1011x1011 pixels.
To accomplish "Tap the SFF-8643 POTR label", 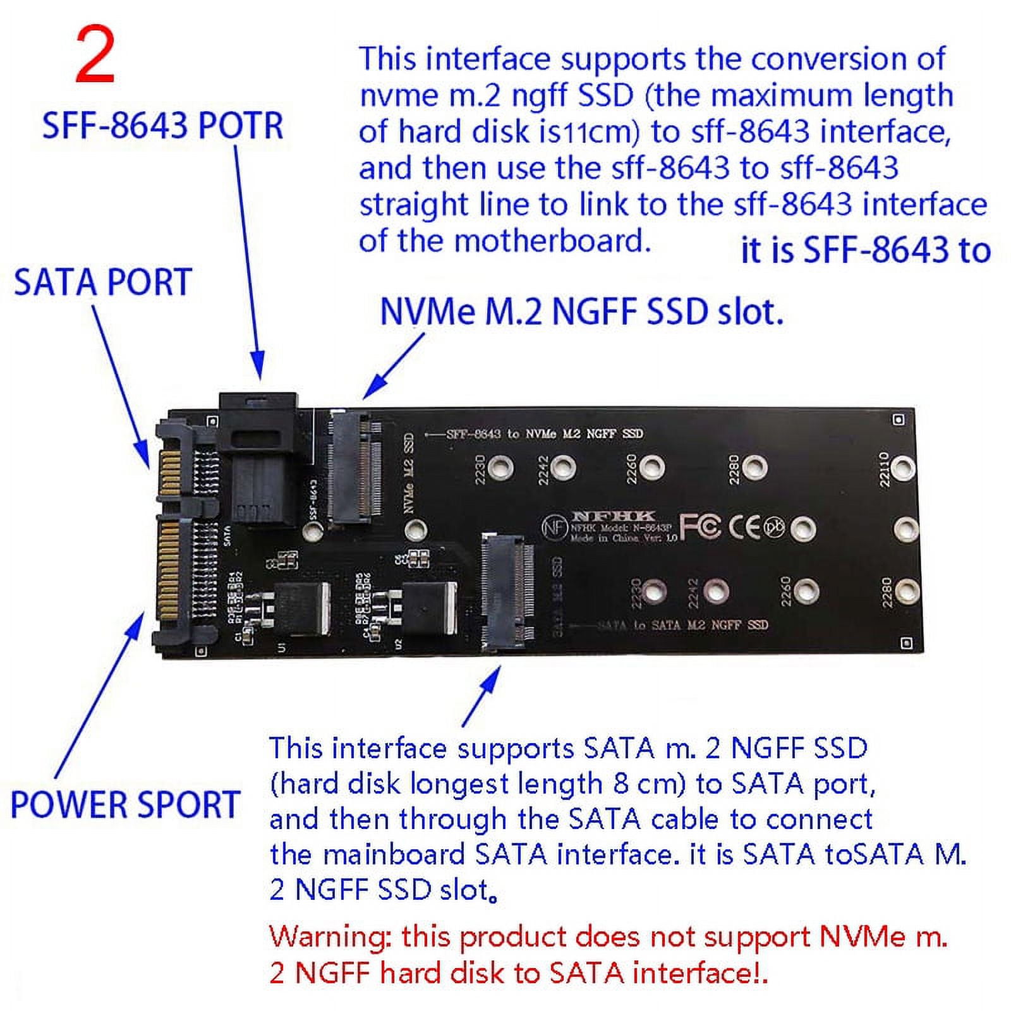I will click(x=162, y=125).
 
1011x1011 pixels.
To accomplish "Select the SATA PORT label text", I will click(x=102, y=282).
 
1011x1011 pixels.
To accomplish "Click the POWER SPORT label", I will click(x=125, y=804).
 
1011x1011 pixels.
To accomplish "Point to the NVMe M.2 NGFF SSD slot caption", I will click(x=581, y=312).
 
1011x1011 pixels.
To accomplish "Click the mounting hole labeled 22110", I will click(x=904, y=468).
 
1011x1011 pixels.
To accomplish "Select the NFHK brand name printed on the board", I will click(x=614, y=516).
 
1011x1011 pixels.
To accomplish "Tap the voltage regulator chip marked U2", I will click(x=430, y=608).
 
